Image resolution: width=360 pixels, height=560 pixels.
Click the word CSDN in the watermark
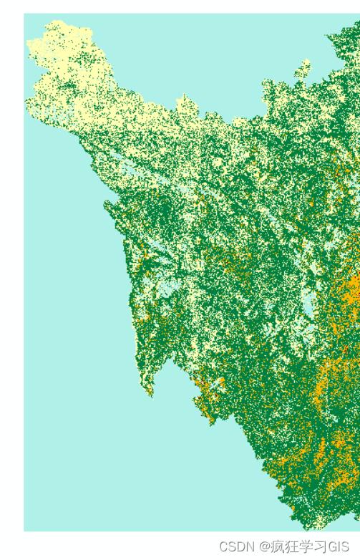237,546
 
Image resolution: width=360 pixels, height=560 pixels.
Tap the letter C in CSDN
224,546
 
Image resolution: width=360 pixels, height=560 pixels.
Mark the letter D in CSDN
241,546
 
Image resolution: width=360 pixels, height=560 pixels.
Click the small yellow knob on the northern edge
303,69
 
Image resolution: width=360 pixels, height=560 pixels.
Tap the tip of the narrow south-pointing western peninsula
150,392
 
